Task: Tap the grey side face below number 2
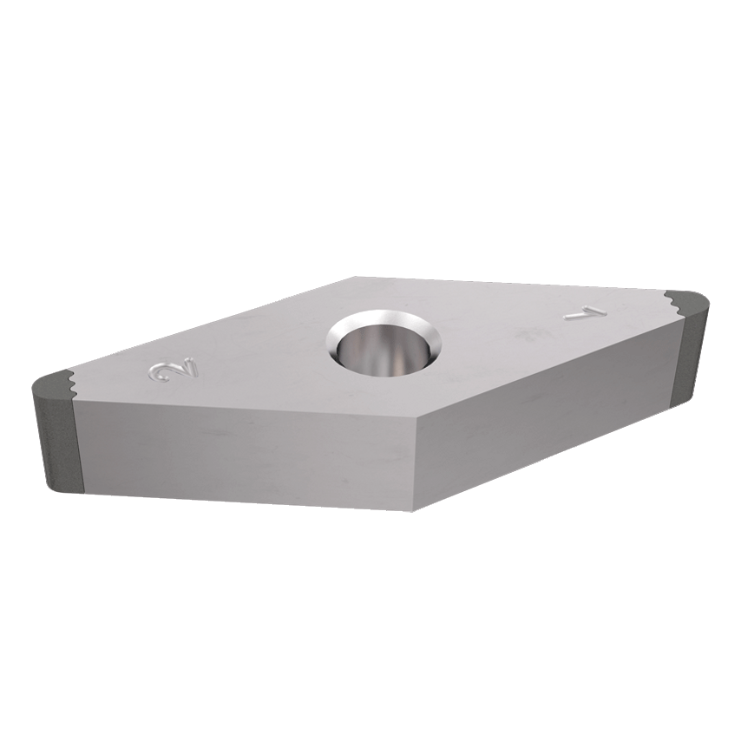243,451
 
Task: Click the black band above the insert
370,69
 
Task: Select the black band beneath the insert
370,668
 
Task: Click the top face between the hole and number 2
252,356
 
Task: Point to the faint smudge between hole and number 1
524,332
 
